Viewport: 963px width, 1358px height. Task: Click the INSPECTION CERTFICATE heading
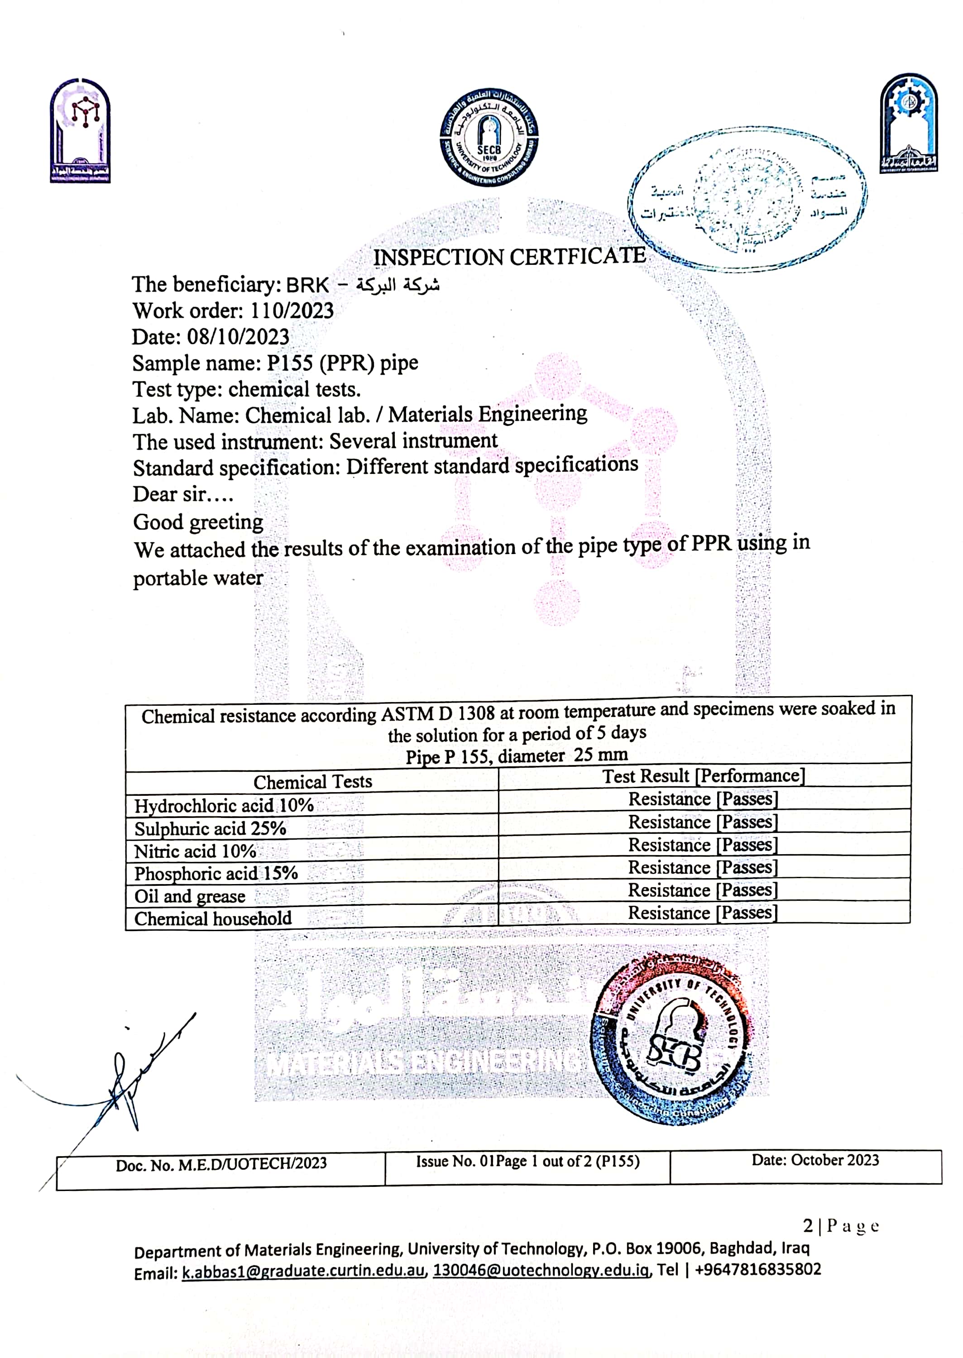(x=509, y=257)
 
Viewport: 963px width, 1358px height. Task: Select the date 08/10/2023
(x=239, y=337)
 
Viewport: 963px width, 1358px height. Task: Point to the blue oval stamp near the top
(x=747, y=199)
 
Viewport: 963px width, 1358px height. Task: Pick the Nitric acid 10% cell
(x=195, y=851)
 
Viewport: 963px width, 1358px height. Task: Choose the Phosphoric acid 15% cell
(x=216, y=874)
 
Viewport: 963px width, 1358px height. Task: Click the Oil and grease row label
(x=190, y=896)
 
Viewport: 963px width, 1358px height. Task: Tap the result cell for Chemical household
(x=703, y=913)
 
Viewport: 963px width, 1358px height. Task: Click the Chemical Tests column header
(x=312, y=782)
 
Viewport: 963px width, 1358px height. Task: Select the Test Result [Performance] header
(x=703, y=776)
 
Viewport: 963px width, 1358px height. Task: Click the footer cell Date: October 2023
(x=815, y=1160)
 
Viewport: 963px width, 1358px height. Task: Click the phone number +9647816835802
(x=757, y=1269)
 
